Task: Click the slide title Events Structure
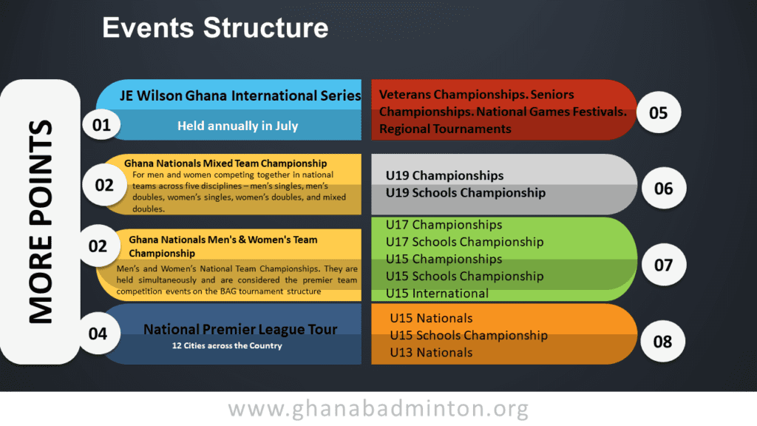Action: (215, 27)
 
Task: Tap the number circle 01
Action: (101, 125)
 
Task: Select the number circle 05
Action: (659, 113)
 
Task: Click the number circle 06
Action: (663, 189)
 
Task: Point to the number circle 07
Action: (663, 265)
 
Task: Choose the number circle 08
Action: (662, 342)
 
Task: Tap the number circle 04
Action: (98, 334)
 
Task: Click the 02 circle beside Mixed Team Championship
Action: (104, 185)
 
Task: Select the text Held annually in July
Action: (237, 126)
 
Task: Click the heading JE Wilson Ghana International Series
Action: (240, 95)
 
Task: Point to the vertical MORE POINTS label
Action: (41, 222)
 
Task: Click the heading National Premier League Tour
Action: (240, 329)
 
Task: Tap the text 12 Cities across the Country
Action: (227, 346)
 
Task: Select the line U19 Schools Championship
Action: (466, 193)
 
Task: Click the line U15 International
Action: (437, 293)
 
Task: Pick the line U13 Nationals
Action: (431, 353)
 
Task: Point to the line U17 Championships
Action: (444, 225)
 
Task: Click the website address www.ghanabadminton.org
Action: (378, 408)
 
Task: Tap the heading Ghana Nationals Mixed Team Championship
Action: (225, 163)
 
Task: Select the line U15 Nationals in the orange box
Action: (431, 318)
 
